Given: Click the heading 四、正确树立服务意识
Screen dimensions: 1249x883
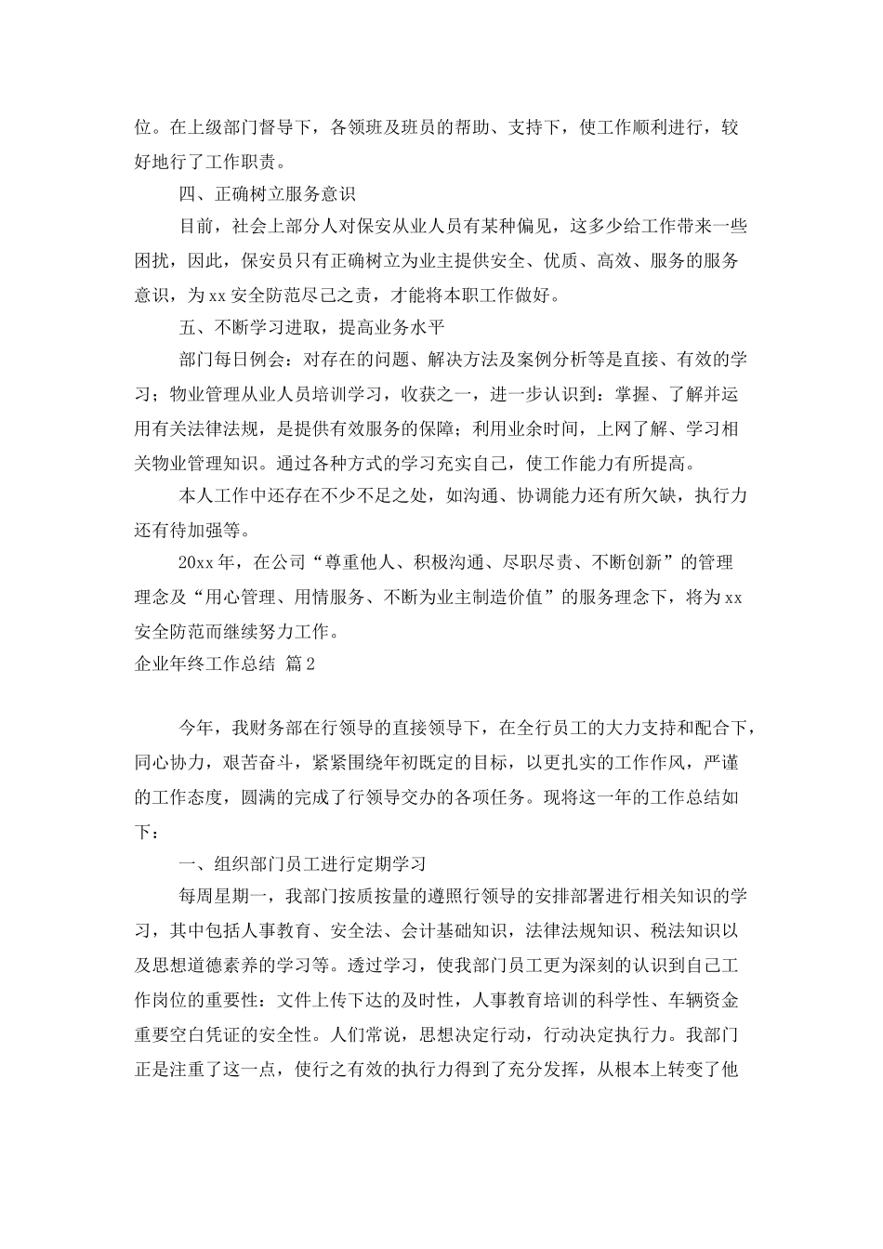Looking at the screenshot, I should (x=268, y=195).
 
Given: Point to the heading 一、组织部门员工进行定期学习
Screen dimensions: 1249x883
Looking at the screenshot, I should (x=302, y=863).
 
